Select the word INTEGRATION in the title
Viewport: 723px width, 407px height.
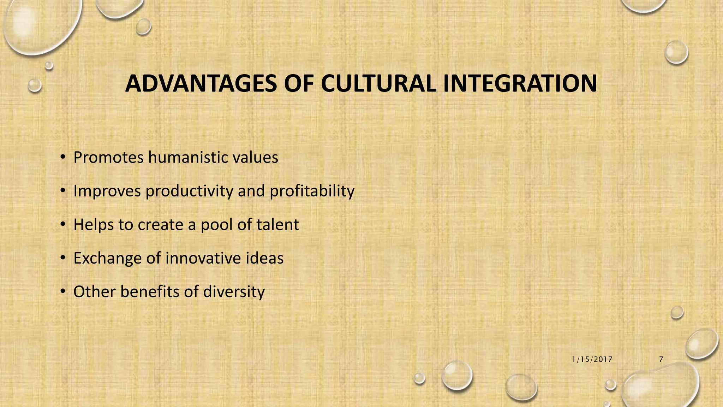(x=520, y=84)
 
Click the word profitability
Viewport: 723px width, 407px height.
(x=312, y=191)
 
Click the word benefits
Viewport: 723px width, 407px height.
(x=150, y=291)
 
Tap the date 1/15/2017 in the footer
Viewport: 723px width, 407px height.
(x=592, y=360)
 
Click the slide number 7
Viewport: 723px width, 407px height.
(x=661, y=360)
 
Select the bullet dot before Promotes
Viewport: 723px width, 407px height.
(x=63, y=158)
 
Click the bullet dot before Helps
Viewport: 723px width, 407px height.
(x=63, y=225)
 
